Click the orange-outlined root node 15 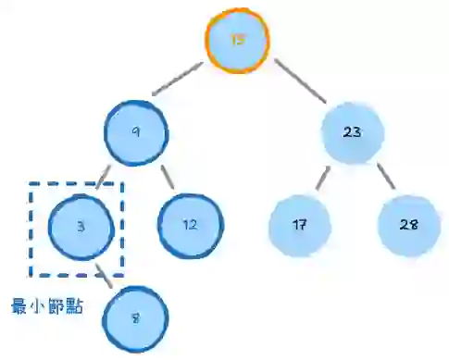[237, 40]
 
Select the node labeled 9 [136, 133]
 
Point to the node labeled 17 [300, 226]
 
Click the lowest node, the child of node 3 [135, 318]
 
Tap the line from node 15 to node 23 [298, 83]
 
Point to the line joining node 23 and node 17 [323, 178]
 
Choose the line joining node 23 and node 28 [383, 178]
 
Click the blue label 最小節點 [46, 305]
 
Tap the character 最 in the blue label [19, 305]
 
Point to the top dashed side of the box [77, 182]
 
